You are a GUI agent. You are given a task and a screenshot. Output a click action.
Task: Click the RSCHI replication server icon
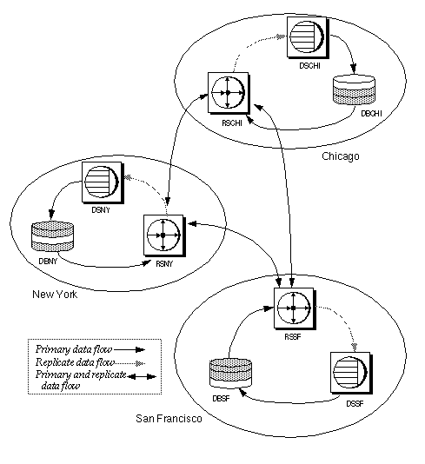pos(228,91)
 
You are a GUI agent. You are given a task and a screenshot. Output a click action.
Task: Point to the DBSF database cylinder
pos(229,371)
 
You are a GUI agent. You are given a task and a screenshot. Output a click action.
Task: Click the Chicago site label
pos(340,156)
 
